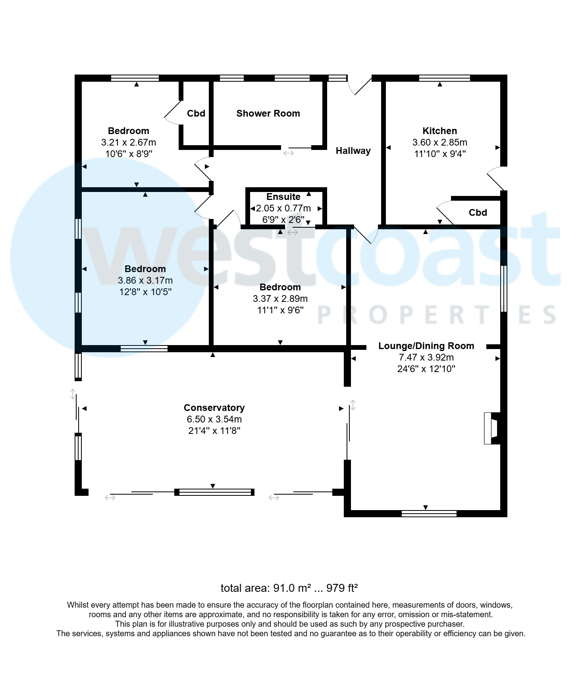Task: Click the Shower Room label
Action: click(x=268, y=113)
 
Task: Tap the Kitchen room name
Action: click(x=439, y=131)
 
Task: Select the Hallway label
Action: click(x=353, y=151)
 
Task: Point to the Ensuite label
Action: click(x=283, y=197)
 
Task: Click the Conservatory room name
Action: click(x=214, y=408)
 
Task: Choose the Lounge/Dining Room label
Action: click(x=426, y=346)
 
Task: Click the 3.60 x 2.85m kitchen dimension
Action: click(x=439, y=142)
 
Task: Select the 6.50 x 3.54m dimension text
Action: click(x=214, y=419)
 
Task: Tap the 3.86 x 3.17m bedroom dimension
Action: click(x=145, y=280)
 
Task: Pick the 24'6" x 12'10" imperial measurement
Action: click(x=426, y=369)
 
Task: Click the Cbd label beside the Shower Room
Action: click(x=196, y=113)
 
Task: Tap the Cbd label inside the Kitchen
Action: click(x=478, y=213)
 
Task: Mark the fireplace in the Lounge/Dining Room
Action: click(x=491, y=428)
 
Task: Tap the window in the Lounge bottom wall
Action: click(x=429, y=514)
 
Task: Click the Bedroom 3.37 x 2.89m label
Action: click(x=280, y=287)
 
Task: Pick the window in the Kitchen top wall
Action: click(x=444, y=78)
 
